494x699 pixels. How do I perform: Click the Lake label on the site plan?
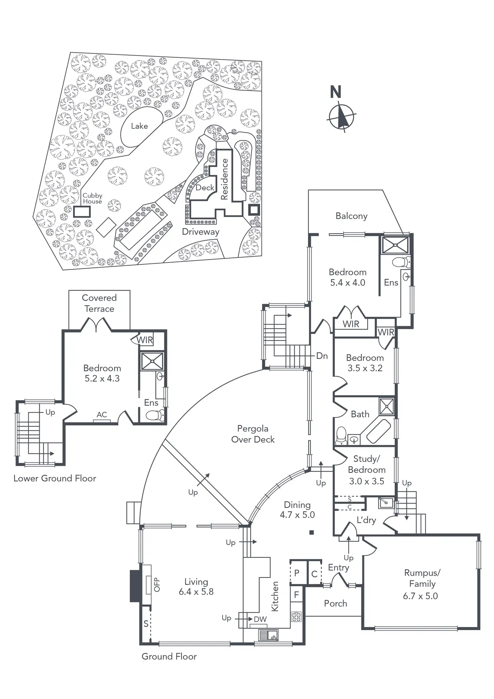pos(139,126)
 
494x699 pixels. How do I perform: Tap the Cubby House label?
pos(92,198)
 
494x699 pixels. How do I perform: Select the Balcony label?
pos(351,216)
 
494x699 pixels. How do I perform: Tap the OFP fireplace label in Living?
pos(157,584)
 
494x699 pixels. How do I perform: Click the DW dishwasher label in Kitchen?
pos(260,619)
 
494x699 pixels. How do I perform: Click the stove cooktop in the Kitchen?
pos(296,616)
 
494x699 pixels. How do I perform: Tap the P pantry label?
pos(297,573)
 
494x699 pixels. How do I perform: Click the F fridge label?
pos(296,595)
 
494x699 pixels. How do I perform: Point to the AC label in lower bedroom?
pos(102,414)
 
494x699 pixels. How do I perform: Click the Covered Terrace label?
pos(99,303)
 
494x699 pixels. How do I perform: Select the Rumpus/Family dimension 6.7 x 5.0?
pos(420,596)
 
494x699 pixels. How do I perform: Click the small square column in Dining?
pos(312,532)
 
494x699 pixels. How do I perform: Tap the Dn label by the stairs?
pos(322,356)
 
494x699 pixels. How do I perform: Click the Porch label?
pos(336,603)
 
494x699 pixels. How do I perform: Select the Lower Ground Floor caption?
pos(55,478)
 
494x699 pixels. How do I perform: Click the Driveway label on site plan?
pos(201,231)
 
